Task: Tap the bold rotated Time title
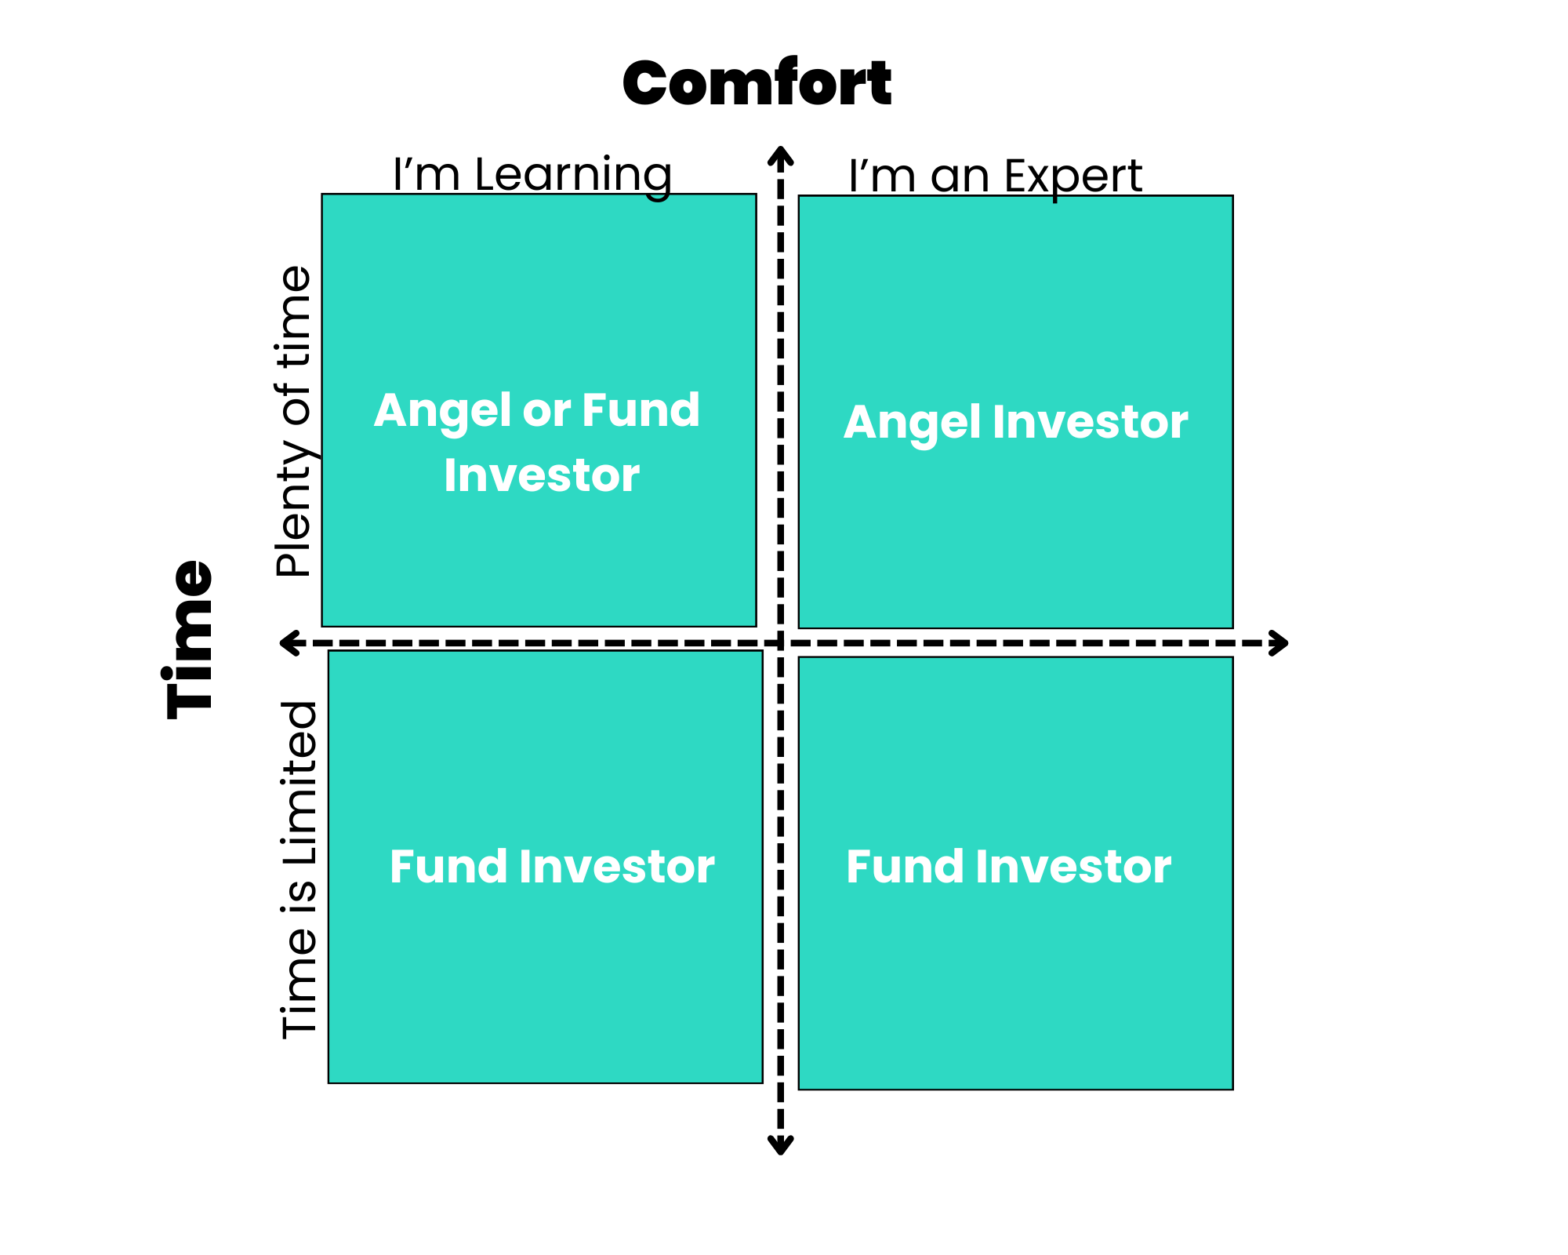point(189,638)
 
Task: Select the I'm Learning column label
point(532,174)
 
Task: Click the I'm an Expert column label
point(995,176)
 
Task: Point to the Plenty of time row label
point(295,422)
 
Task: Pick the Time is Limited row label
point(299,870)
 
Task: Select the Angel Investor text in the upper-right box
point(1016,423)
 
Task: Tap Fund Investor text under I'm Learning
point(552,867)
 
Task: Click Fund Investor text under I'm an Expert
point(1008,867)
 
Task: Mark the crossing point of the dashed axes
point(781,643)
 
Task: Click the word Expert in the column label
point(1073,178)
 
